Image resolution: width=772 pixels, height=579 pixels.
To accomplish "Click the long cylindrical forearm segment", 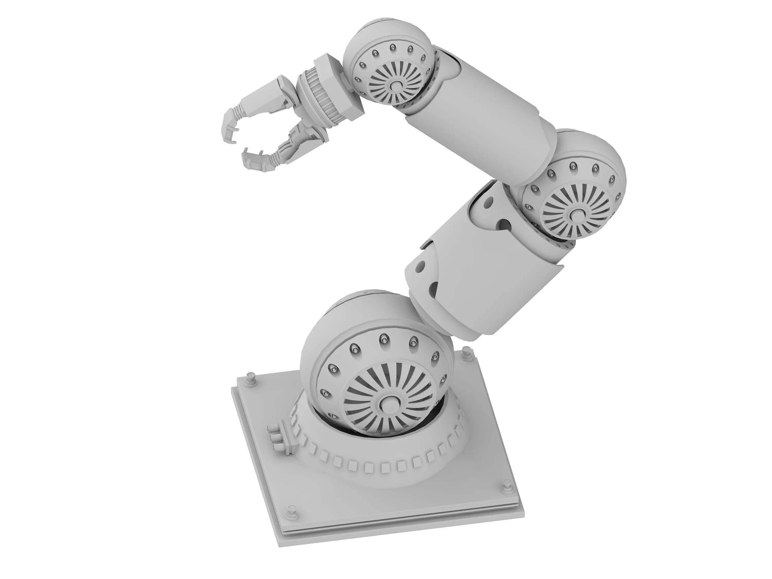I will pos(478,115).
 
